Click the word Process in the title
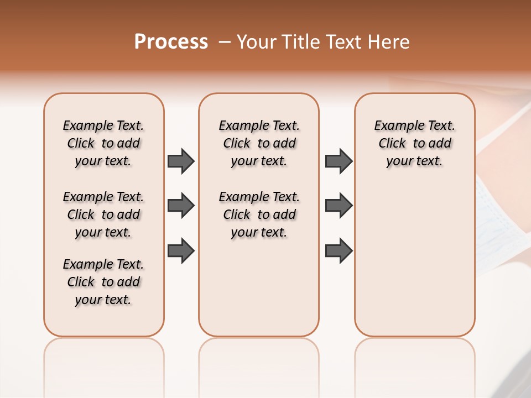click(171, 42)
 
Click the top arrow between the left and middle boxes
click(181, 161)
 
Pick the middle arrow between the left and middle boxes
click(181, 206)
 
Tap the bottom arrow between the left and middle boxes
click(181, 250)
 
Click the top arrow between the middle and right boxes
click(339, 161)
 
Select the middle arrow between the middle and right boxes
click(339, 206)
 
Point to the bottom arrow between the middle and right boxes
click(339, 250)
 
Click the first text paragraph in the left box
click(103, 143)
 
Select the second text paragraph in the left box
click(103, 214)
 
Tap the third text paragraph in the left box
click(103, 282)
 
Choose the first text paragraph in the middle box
click(259, 143)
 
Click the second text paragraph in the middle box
click(259, 214)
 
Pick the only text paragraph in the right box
click(414, 143)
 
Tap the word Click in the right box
click(392, 144)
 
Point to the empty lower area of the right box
click(414, 260)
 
